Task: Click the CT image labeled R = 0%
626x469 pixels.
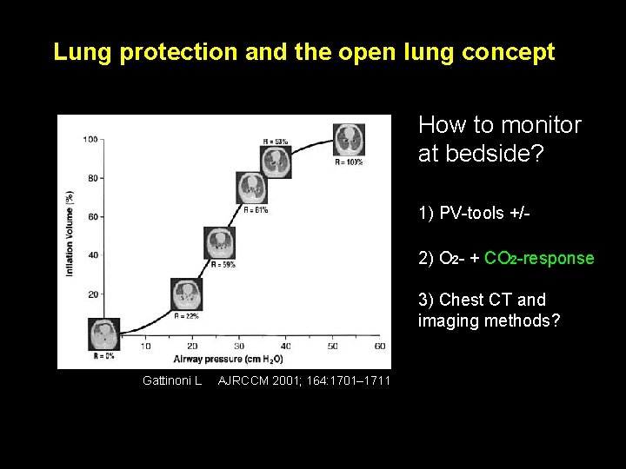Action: [104, 334]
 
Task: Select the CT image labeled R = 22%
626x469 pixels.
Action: [186, 294]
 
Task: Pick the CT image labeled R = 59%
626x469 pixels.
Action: [219, 243]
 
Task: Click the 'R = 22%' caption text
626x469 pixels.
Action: [187, 316]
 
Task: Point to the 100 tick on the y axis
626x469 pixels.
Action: [90, 139]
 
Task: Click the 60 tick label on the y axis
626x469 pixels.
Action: [93, 216]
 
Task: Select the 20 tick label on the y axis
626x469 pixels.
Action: [93, 294]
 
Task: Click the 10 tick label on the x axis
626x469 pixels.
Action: [144, 346]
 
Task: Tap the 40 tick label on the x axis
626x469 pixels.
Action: [285, 346]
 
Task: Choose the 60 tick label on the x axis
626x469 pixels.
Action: [379, 346]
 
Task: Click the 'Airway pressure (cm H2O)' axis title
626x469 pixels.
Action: [228, 359]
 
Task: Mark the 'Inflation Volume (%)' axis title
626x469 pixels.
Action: [70, 234]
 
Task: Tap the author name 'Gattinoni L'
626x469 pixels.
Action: [172, 380]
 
